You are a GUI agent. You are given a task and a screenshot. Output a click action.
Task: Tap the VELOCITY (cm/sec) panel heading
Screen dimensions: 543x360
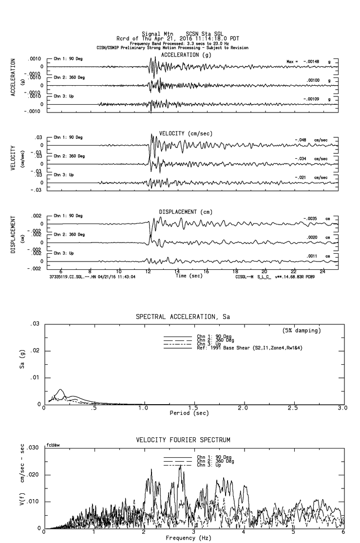(x=186, y=133)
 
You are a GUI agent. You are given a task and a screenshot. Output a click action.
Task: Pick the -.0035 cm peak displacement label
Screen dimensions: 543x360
(x=317, y=218)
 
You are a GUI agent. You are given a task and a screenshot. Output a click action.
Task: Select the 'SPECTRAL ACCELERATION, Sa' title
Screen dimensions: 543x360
(x=183, y=317)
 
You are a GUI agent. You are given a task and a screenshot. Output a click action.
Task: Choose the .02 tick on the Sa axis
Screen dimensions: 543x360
(x=35, y=351)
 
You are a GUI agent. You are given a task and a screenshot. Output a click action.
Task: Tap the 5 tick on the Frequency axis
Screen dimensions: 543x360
(x=294, y=532)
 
